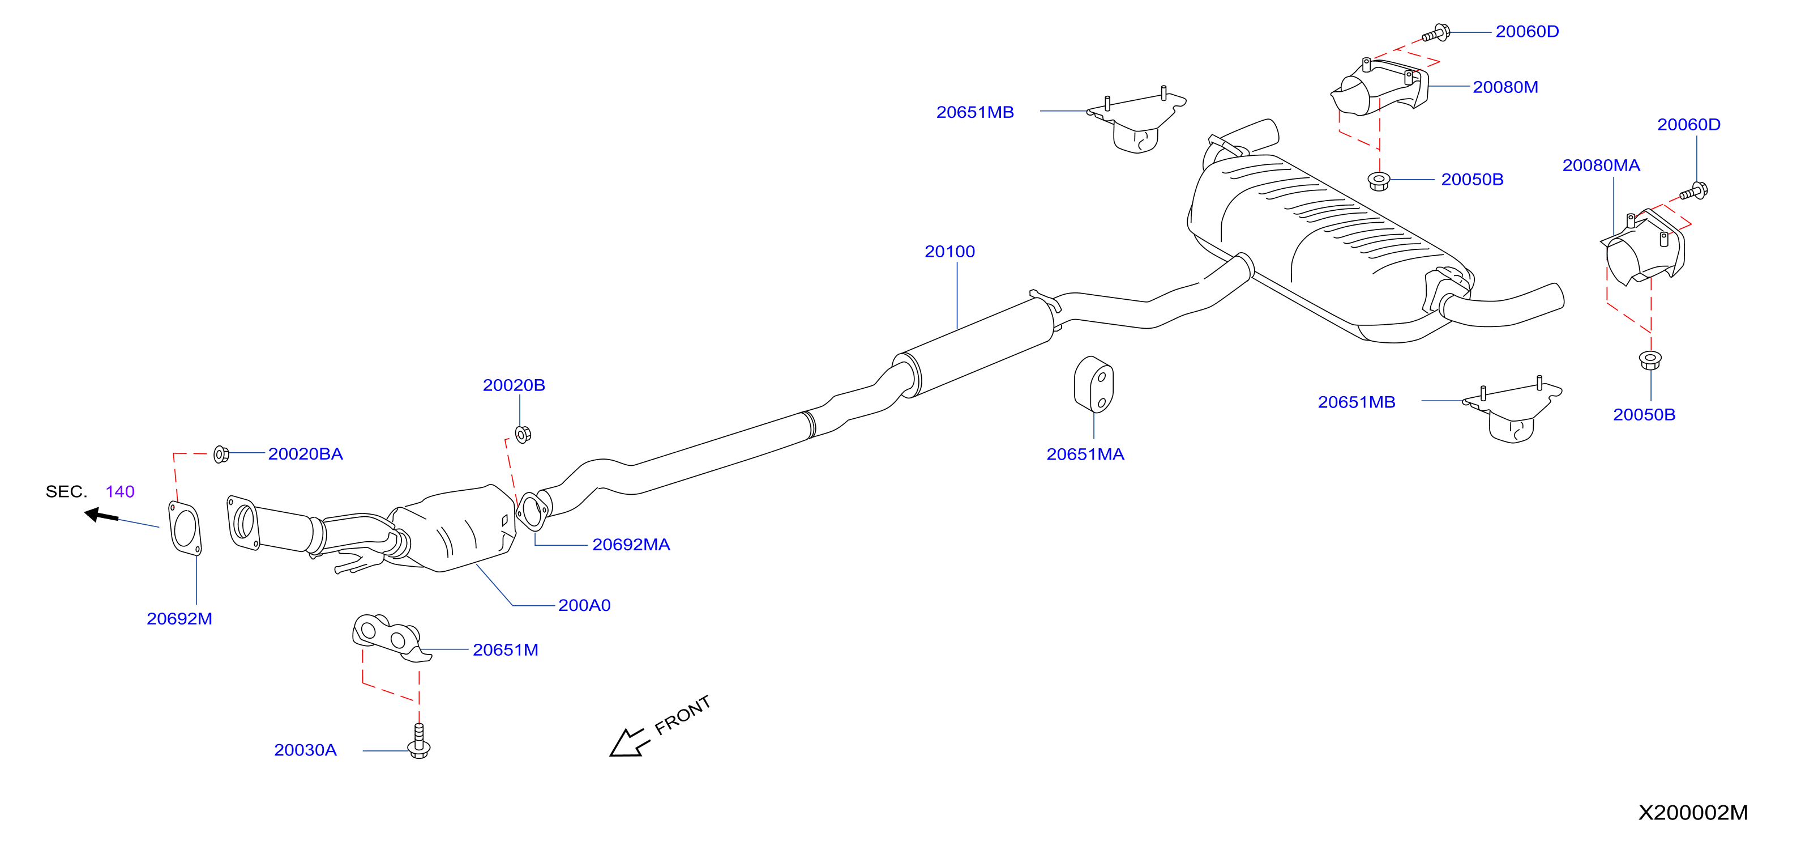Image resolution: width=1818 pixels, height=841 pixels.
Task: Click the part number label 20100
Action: pos(949,252)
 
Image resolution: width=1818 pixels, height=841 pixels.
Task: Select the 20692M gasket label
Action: pos(179,619)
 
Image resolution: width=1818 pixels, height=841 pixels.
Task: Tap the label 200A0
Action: pos(584,605)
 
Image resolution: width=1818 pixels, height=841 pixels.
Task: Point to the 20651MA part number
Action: pos(1085,454)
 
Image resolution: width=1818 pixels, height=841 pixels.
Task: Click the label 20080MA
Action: pos(1601,165)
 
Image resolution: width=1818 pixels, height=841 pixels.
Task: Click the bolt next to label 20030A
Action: pos(419,741)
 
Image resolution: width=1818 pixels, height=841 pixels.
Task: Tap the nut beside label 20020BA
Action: pos(221,454)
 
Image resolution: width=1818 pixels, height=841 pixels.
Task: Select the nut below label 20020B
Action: pos(523,434)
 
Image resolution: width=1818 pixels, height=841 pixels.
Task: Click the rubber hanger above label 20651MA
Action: pos(1093,385)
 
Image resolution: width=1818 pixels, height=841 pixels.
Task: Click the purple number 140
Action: pos(120,491)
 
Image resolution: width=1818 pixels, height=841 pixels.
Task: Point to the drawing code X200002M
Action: pos(1692,813)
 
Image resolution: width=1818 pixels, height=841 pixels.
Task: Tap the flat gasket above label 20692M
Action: pos(185,528)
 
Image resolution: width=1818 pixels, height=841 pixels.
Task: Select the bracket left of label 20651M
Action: pos(390,638)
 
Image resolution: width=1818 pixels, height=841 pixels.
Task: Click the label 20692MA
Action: pos(631,545)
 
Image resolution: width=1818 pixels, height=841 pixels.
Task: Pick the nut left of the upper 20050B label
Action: pos(1378,181)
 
